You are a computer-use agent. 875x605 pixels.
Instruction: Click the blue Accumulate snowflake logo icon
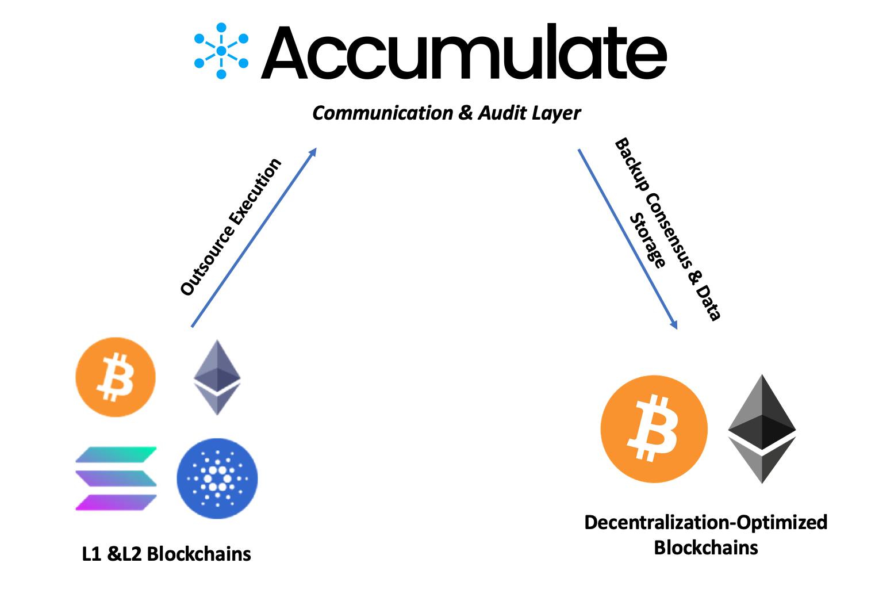coord(221,51)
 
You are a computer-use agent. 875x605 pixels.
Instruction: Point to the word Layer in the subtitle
coord(557,114)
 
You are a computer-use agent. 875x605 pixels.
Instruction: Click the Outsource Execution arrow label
coord(231,227)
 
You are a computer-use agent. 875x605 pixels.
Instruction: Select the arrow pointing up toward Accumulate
coord(254,238)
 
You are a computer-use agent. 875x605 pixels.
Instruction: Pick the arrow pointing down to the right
coord(627,239)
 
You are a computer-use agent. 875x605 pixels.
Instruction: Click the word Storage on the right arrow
coord(648,240)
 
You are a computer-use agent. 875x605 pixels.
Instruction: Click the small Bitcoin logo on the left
coord(116,377)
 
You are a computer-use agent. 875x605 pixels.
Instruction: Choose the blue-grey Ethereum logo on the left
coord(217,377)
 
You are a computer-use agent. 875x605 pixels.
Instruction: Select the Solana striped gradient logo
coord(116,478)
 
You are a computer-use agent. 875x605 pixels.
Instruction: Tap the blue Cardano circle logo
coord(217,478)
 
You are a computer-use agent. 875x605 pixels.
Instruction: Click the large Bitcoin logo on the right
coord(654,429)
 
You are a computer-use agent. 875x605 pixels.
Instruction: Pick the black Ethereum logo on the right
coord(762,429)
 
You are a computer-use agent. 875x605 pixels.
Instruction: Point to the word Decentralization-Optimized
coord(705,522)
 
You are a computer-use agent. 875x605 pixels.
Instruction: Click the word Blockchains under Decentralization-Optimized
coord(706,547)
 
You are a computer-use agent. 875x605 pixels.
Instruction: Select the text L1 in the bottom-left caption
coord(91,554)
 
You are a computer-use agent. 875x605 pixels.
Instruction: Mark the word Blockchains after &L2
coord(199,554)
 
